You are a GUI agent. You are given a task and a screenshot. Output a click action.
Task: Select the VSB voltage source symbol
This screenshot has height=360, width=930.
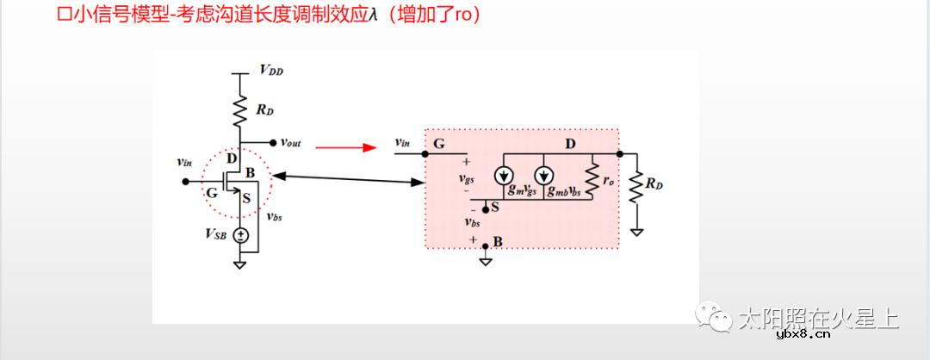pos(243,235)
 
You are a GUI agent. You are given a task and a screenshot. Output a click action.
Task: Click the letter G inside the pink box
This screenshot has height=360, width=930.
pos(439,144)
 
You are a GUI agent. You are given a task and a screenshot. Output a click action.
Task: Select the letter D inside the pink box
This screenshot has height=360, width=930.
pos(569,143)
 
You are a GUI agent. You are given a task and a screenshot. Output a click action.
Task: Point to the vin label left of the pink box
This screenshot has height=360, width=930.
pos(401,142)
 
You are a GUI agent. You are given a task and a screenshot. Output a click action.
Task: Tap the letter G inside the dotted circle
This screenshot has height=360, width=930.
pos(212,193)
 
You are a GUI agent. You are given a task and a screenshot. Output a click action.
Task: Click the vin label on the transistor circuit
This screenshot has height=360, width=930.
pos(183,161)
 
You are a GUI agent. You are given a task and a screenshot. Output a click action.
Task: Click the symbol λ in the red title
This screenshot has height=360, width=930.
pos(373,16)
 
